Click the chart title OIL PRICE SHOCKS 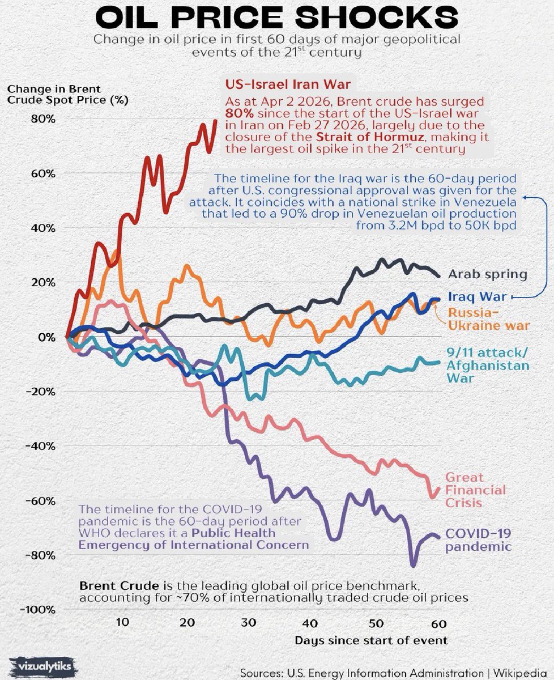pos(277,18)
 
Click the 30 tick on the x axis pos(248,622)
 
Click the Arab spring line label pos(487,275)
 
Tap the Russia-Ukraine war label pos(488,318)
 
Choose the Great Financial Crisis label pos(475,490)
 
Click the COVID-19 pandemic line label pos(479,539)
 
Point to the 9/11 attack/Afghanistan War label pos(488,364)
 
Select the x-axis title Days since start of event pos(371,640)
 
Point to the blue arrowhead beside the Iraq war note pos(525,197)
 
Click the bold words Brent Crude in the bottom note pos(114,585)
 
